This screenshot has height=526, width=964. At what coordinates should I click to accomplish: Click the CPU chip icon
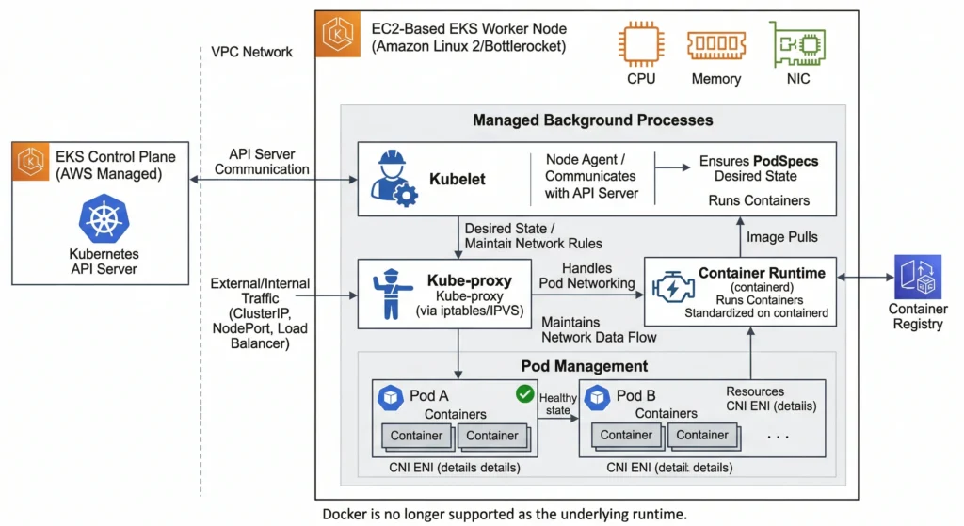click(640, 43)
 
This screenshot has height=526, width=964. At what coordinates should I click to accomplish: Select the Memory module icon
click(715, 44)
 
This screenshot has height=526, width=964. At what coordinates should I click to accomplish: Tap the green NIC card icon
click(795, 43)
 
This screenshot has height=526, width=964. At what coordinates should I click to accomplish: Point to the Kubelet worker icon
click(393, 177)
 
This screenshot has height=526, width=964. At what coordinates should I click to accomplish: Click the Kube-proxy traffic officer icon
click(392, 295)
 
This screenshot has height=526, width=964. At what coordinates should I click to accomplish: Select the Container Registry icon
click(917, 278)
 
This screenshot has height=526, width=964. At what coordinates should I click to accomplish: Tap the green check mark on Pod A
click(524, 393)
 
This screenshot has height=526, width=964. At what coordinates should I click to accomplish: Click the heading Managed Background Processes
click(592, 120)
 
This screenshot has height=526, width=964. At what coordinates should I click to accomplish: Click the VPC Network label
click(251, 52)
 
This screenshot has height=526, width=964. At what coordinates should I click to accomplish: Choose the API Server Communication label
click(268, 162)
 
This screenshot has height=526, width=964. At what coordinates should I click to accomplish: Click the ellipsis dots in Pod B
click(778, 437)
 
